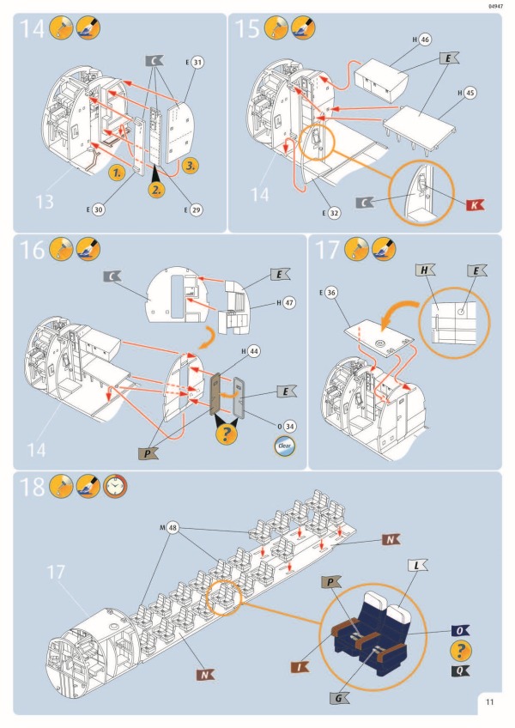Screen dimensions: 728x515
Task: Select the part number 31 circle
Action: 198,63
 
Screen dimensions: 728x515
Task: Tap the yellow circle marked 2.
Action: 155,189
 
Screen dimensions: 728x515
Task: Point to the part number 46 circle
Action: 426,39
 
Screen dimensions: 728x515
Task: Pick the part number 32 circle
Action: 336,213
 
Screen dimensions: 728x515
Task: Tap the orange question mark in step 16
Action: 227,434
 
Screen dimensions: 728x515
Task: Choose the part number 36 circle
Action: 332,292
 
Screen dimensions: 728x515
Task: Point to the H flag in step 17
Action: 427,269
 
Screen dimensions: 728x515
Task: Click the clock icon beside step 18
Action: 114,488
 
